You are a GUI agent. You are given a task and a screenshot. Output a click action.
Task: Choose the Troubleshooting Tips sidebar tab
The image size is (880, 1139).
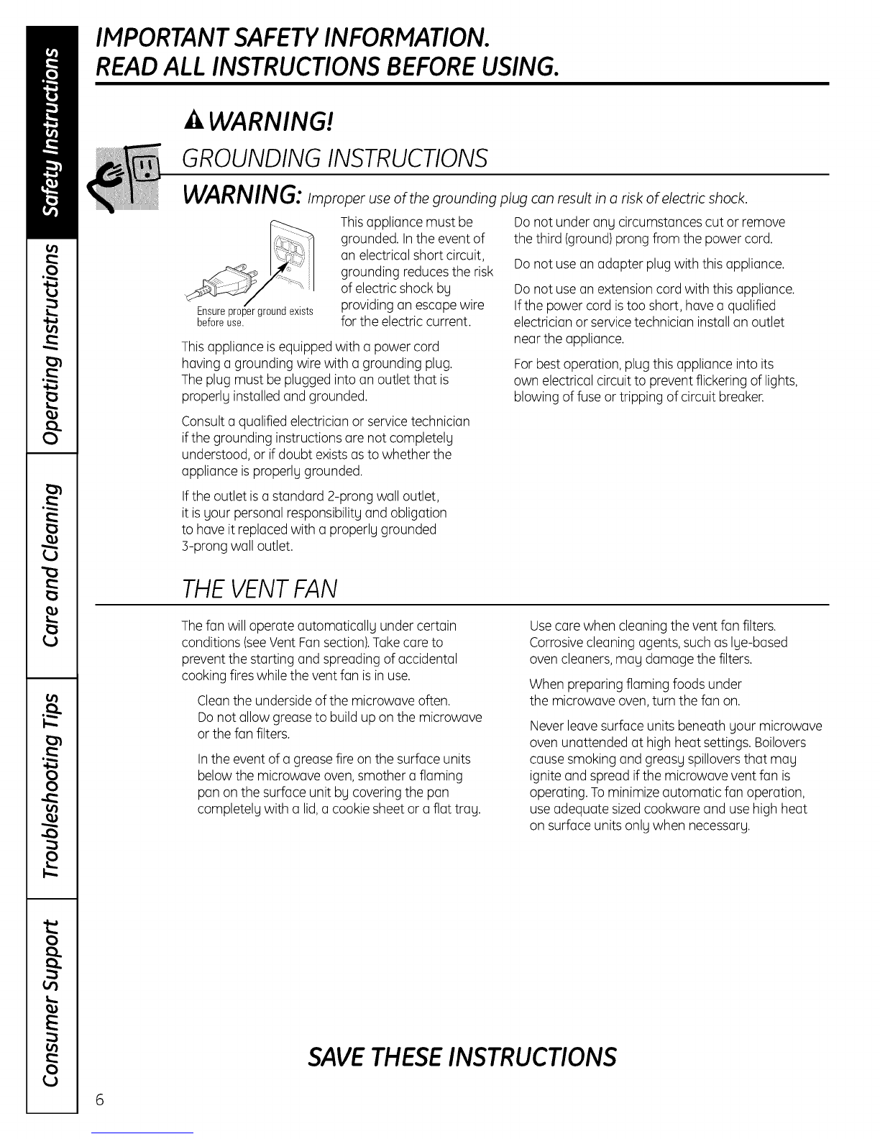[50, 787]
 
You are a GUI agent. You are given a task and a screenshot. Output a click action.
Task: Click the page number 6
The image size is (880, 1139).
[100, 1100]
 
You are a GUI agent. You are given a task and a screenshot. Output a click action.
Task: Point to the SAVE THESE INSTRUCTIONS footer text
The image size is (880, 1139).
[461, 1056]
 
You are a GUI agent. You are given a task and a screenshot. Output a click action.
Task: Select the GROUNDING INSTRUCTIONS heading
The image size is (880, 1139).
[335, 157]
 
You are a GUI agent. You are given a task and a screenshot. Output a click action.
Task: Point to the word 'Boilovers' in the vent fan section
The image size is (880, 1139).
[780, 742]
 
